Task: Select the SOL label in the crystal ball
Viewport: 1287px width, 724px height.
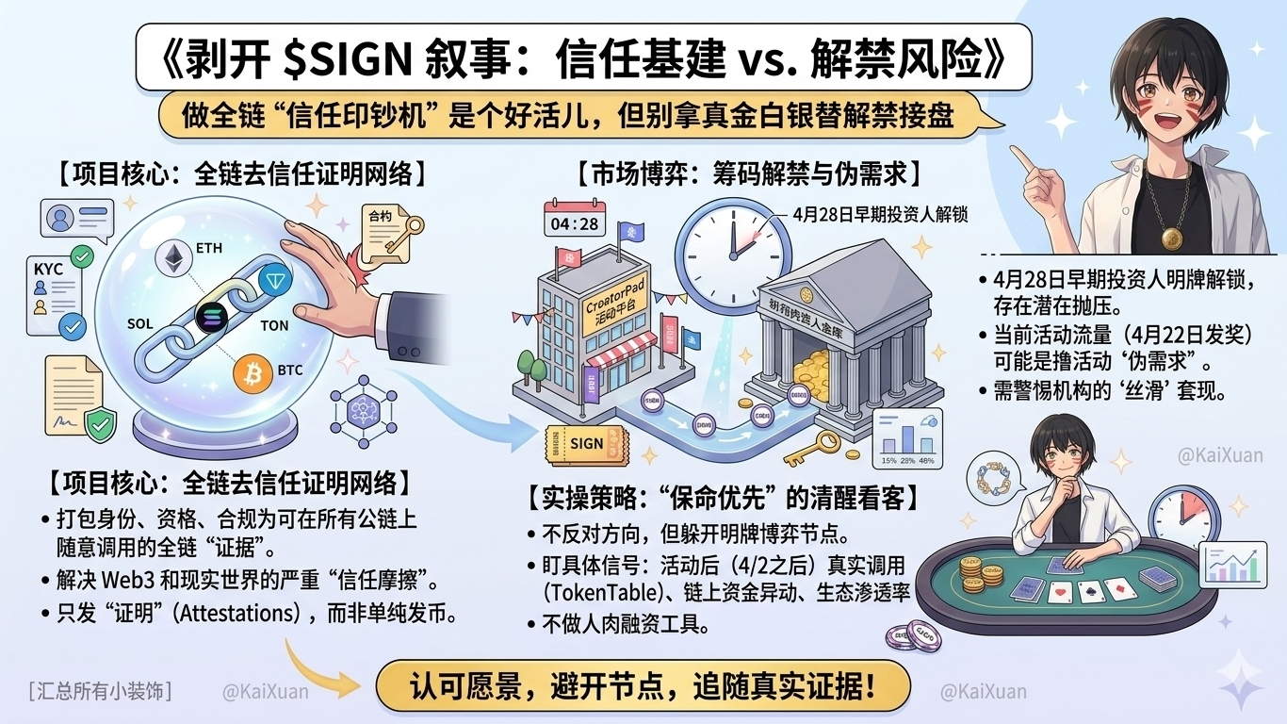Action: click(139, 323)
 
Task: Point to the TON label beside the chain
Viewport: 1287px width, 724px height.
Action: click(274, 325)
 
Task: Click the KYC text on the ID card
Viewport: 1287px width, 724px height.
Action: click(48, 269)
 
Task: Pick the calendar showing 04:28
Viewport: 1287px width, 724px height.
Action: click(573, 222)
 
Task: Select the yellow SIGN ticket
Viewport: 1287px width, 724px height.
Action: click(585, 443)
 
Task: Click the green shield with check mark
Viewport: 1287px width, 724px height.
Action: click(98, 425)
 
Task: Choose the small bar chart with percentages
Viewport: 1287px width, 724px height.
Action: click(906, 435)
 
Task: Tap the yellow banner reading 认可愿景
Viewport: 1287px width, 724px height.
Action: click(643, 685)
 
